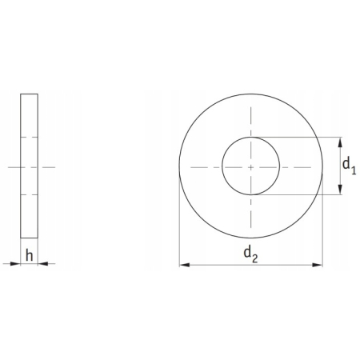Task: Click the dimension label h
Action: pos(29,255)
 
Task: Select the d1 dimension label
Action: pos(349,166)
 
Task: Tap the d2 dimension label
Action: pos(250,254)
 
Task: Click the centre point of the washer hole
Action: pos(250,166)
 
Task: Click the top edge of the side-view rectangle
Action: pos(29,94)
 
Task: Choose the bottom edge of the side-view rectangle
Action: pos(29,238)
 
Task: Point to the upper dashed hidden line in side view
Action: pos(29,138)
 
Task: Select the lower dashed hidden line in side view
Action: pos(29,194)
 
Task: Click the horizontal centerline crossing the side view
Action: pos(29,166)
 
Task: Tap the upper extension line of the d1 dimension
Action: pos(304,138)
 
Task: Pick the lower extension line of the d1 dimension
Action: pos(304,194)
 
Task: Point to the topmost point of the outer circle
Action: pos(250,94)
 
